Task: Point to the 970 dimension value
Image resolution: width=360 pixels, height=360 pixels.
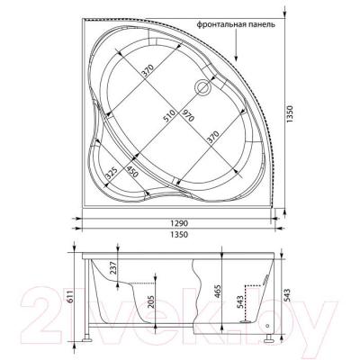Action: pos(188,118)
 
